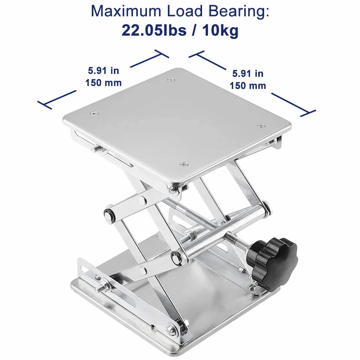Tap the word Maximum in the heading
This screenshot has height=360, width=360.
(x=126, y=11)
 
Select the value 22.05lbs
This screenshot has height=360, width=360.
(x=154, y=30)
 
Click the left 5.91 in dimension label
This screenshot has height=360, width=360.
(x=104, y=71)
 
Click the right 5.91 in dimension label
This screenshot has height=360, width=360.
(x=248, y=73)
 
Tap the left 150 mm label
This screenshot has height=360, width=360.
(x=104, y=83)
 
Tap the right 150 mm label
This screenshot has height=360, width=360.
(x=248, y=86)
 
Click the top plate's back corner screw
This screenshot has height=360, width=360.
(x=171, y=80)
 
